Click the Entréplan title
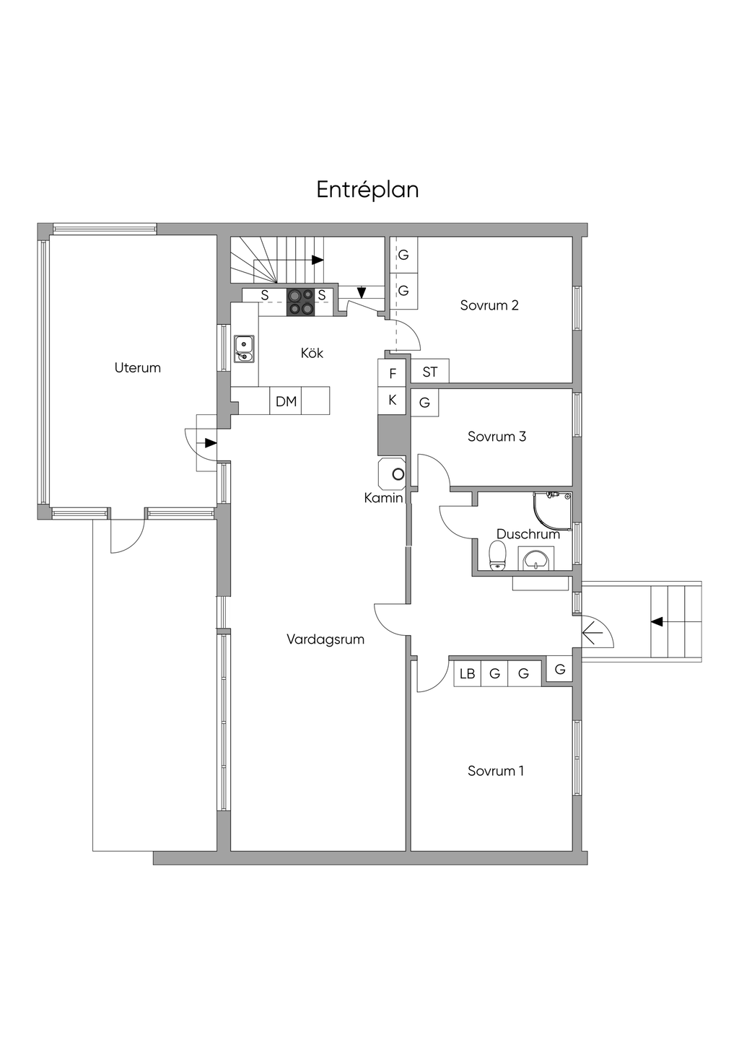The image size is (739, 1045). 367,190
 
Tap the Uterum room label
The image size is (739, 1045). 137,368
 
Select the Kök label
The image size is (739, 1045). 312,353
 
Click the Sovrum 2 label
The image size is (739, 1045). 489,305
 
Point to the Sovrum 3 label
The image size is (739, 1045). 497,437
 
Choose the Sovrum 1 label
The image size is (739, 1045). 496,771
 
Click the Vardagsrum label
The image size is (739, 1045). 325,639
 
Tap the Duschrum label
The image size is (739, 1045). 528,535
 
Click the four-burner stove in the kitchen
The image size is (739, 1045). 301,302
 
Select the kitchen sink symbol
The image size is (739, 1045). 244,349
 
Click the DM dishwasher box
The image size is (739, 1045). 286,401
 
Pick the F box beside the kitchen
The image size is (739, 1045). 393,374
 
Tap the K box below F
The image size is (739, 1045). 393,400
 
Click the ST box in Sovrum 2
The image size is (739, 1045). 430,372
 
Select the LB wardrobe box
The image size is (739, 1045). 468,674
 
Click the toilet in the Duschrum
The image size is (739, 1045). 497,556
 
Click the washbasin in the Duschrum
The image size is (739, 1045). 536,559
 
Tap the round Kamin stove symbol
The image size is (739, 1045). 398,474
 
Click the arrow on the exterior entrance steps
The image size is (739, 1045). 657,621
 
